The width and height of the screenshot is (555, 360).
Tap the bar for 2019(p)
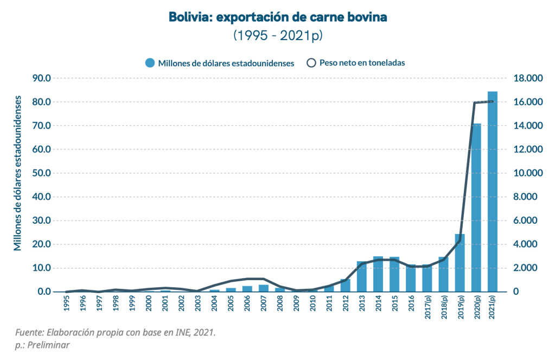(x=460, y=263)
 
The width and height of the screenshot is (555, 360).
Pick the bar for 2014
(x=378, y=274)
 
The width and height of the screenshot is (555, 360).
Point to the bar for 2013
(x=362, y=276)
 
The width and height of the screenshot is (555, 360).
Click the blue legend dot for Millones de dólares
(x=150, y=63)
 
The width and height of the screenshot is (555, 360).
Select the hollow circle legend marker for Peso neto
(x=311, y=63)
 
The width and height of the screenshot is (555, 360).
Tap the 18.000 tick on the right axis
(x=528, y=78)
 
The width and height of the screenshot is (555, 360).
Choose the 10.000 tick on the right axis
(x=528, y=173)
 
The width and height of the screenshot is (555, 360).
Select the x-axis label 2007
(x=264, y=303)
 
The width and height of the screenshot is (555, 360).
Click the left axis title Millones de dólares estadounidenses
(x=18, y=173)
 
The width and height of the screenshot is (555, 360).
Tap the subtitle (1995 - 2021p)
(x=278, y=35)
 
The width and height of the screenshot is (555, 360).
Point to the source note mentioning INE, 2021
(x=115, y=332)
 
